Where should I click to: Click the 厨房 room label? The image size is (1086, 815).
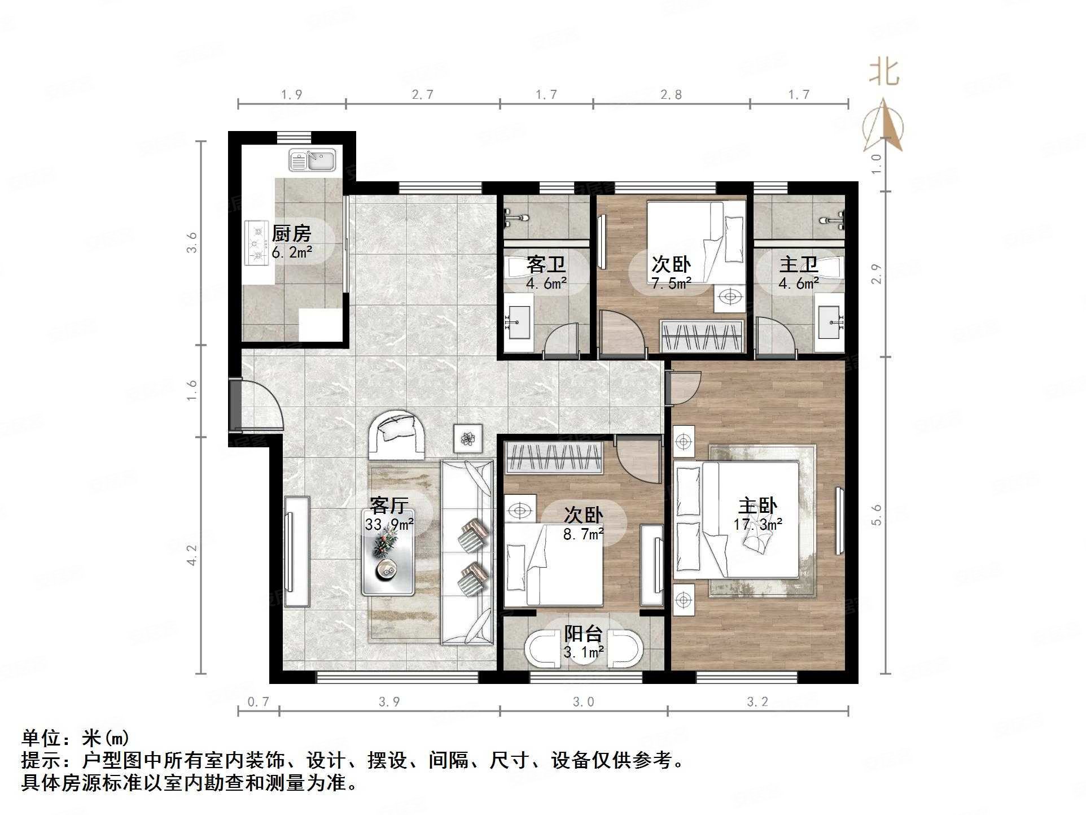point(291,233)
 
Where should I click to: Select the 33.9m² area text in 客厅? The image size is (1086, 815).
point(389,524)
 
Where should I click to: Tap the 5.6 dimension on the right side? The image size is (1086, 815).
point(876,515)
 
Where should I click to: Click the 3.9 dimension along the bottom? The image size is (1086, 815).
point(389,701)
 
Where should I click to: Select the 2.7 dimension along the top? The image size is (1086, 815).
point(422,94)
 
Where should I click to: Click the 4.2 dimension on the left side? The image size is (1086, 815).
point(192,555)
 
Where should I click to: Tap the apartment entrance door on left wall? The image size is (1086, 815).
point(236,405)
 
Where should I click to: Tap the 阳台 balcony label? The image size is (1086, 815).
point(584,633)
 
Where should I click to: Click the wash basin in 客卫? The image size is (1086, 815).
point(518,322)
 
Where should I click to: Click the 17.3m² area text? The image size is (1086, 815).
point(757,524)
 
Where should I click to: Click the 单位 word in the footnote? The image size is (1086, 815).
point(41,738)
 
